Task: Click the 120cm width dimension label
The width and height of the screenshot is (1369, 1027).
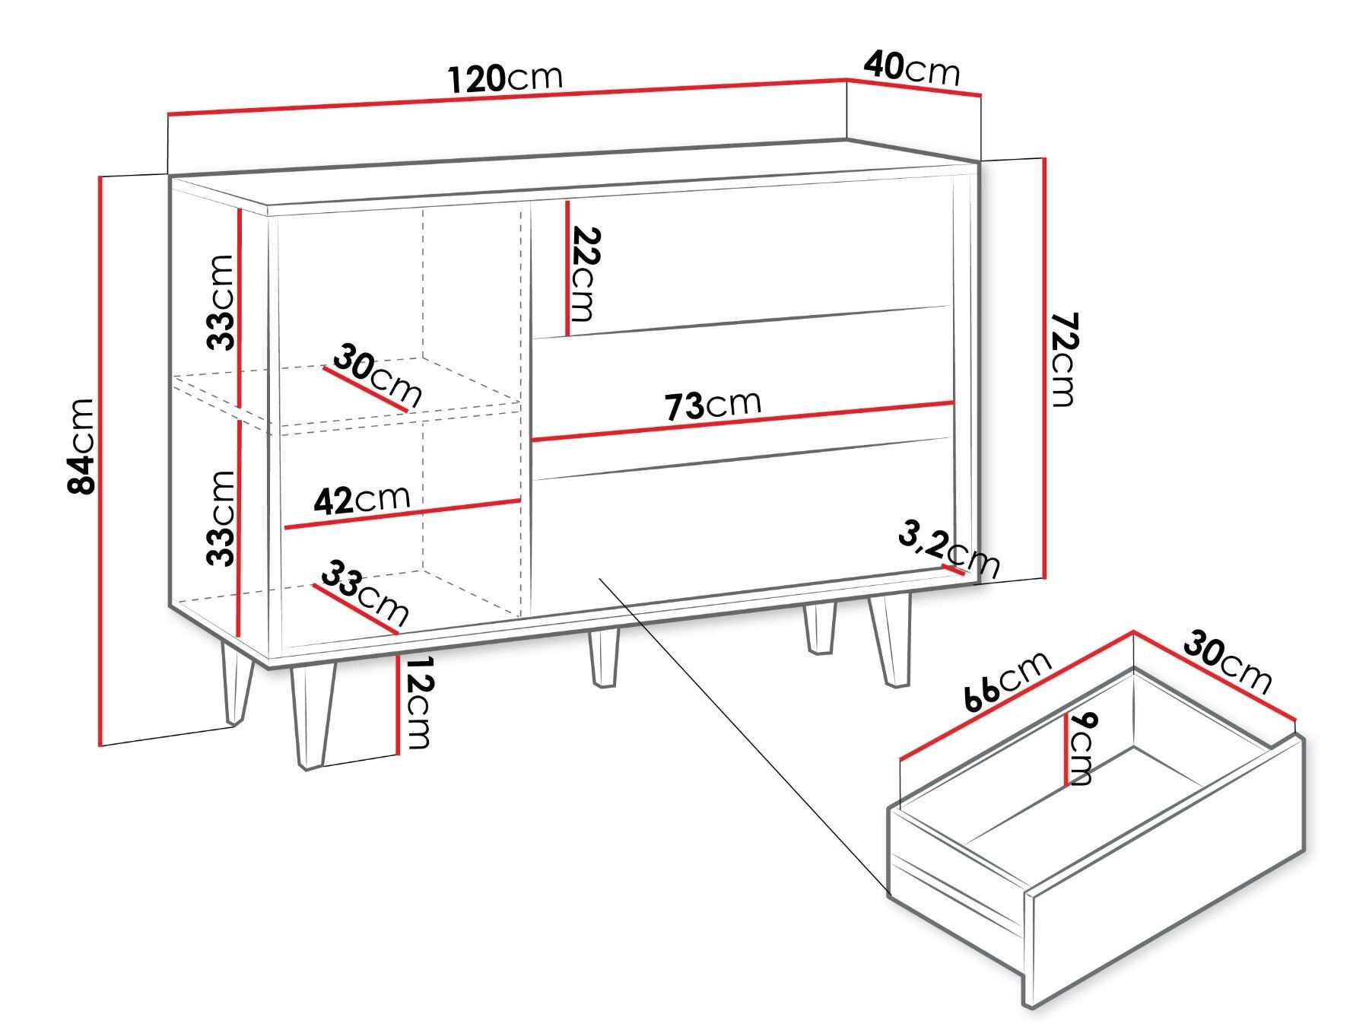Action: pos(506,78)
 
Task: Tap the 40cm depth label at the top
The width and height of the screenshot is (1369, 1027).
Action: pos(912,68)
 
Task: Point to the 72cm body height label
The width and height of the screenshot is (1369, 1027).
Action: pos(1063,359)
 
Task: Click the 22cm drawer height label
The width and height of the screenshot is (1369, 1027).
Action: pos(583,274)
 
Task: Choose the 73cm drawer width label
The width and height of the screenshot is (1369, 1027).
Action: pos(713,405)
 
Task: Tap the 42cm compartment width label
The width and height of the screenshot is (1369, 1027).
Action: pos(362,500)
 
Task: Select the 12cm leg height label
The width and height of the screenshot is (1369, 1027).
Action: pos(418,702)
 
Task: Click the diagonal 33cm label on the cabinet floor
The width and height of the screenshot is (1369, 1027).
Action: pos(364,592)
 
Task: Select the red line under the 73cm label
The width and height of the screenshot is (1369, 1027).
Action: pos(742,421)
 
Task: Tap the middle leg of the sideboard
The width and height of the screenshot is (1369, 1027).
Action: pos(604,658)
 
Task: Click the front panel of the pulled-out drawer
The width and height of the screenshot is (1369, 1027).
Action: pos(1164,873)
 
